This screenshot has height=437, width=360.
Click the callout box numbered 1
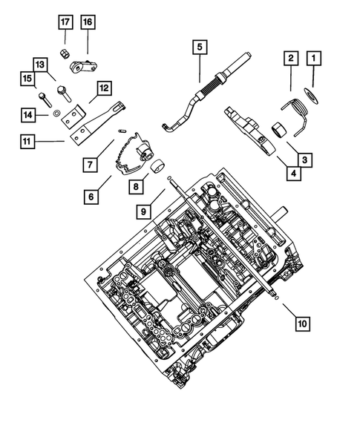pos(315,57)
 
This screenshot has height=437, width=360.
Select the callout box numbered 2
pos(290,57)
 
